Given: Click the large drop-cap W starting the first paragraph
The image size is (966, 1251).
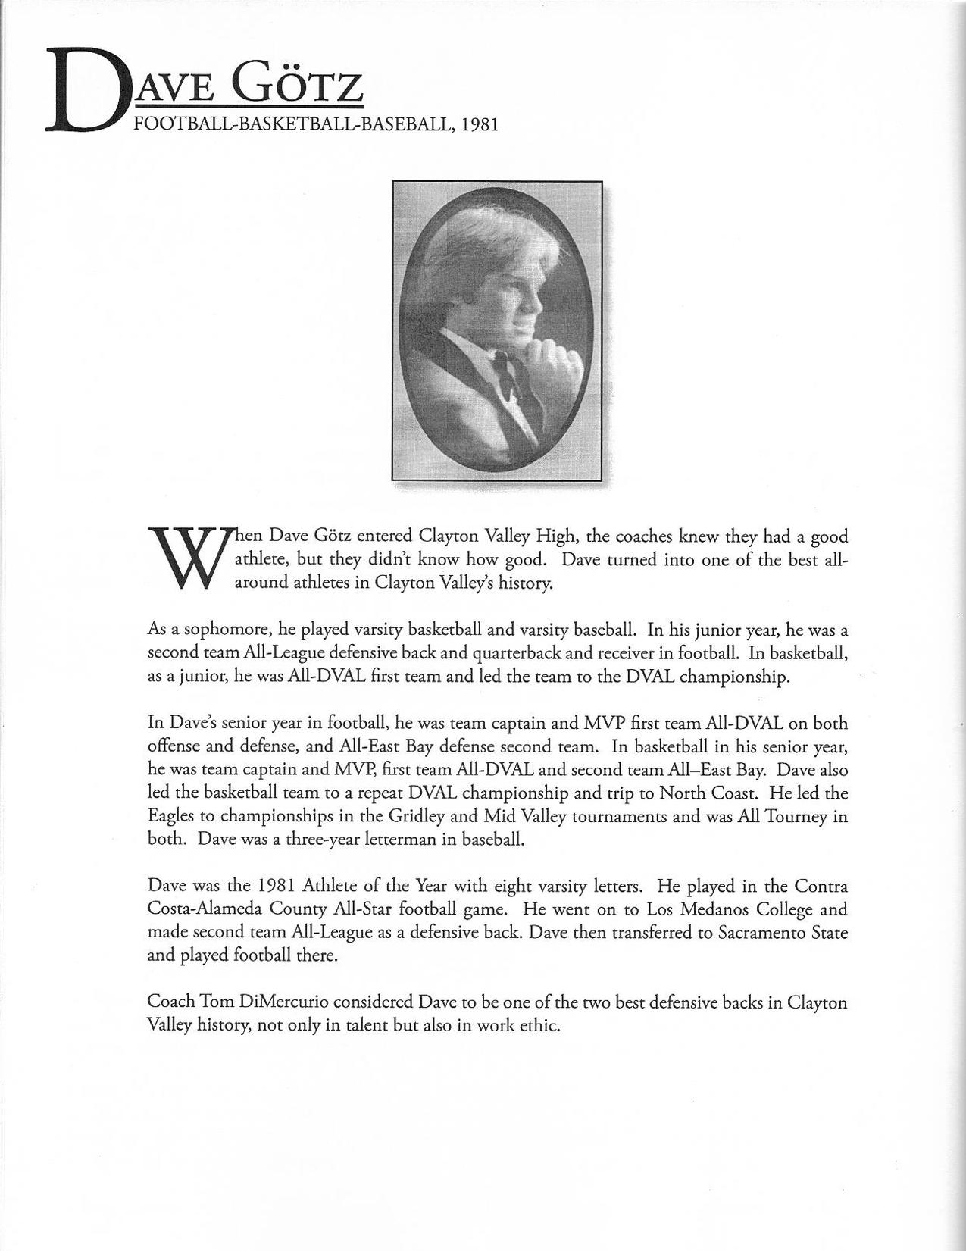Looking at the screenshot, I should point(185,558).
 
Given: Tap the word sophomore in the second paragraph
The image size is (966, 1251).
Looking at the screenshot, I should point(223,630).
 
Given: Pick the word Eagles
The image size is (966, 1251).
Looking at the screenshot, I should point(170,816).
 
